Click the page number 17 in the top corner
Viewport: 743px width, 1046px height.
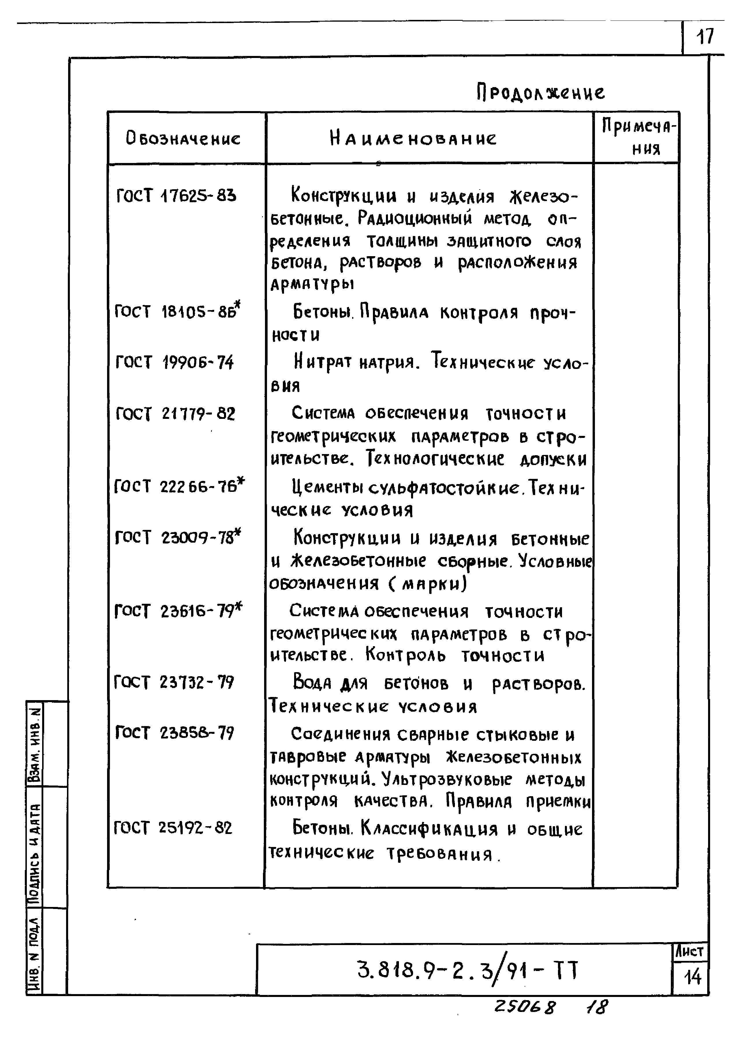[705, 37]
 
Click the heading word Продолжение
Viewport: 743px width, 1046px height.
[540, 93]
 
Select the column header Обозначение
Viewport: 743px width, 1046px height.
[183, 138]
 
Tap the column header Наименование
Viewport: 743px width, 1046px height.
[413, 138]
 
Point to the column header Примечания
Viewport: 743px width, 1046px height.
[638, 137]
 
